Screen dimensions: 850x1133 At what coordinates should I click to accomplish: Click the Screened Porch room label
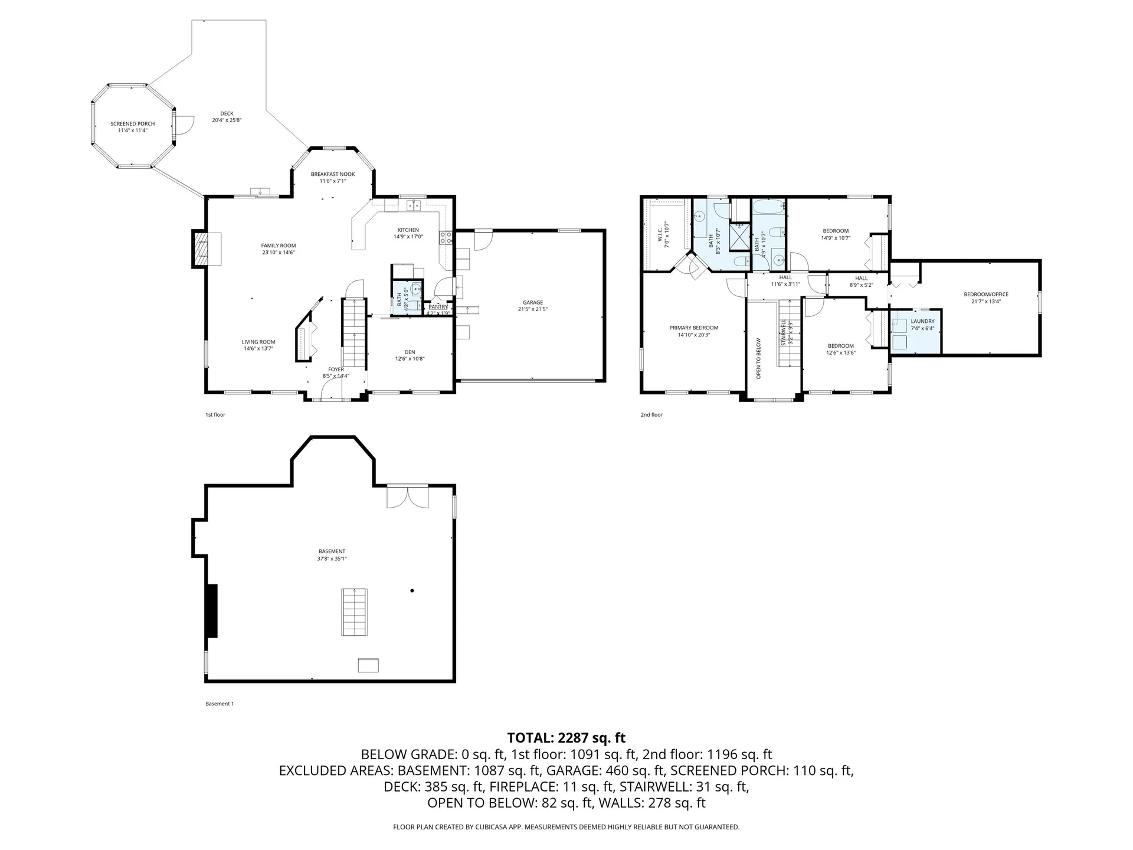point(133,124)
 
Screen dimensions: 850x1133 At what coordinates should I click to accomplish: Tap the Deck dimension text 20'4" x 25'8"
point(227,120)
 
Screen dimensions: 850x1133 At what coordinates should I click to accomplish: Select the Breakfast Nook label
point(333,174)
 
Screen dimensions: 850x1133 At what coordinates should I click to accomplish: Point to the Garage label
point(532,302)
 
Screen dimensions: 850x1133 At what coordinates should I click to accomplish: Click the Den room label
point(410,352)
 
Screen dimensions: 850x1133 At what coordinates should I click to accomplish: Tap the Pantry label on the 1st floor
point(438,307)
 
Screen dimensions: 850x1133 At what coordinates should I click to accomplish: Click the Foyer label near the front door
point(336,370)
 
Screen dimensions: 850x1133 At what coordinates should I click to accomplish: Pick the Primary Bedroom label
point(694,328)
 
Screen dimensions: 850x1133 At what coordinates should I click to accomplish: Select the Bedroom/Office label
point(986,294)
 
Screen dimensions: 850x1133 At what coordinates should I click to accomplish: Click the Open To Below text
point(759,358)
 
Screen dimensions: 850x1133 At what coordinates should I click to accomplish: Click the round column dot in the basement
point(412,590)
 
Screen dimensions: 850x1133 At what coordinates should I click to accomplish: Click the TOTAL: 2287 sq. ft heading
point(566,738)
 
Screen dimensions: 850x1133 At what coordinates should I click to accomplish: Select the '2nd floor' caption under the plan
point(651,415)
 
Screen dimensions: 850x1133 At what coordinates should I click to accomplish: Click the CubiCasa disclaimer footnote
point(566,827)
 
